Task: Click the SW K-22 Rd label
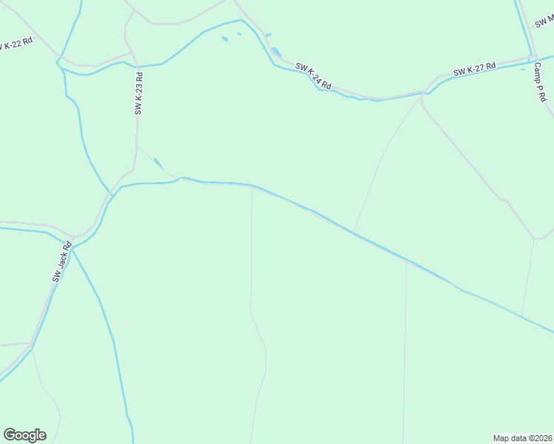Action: point(17,43)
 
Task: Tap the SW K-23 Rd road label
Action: point(138,92)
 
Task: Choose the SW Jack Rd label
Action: point(61,262)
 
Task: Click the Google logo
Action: point(24,435)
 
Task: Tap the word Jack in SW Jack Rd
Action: point(62,260)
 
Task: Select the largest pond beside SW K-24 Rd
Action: point(276,52)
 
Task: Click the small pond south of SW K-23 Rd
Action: point(158,163)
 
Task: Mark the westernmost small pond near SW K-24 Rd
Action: point(224,39)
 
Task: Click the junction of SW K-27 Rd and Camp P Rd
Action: point(532,58)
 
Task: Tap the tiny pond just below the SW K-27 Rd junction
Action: point(522,70)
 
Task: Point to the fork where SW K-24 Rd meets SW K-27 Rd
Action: point(423,93)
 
